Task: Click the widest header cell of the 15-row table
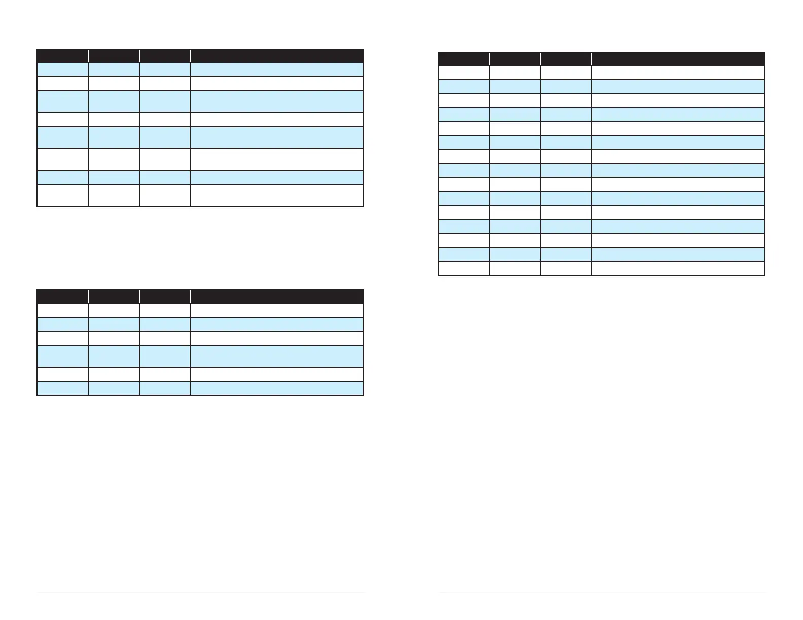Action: [678, 58]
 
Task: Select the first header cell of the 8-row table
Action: [62, 56]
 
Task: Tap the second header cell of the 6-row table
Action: [114, 296]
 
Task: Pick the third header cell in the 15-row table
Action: [566, 58]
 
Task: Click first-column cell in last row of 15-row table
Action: [464, 268]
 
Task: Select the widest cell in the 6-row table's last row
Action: [277, 389]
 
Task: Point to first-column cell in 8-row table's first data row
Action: [62, 69]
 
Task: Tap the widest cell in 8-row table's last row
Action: [277, 196]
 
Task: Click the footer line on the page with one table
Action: [602, 593]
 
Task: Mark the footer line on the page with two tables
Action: [200, 593]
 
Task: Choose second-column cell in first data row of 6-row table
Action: [114, 310]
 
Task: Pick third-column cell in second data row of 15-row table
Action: [566, 87]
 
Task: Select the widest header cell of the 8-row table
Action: [277, 56]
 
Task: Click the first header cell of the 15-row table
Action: [464, 58]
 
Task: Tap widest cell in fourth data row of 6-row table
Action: [277, 356]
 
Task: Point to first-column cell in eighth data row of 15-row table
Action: [464, 170]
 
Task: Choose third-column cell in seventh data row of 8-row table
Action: [165, 178]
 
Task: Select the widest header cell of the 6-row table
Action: [277, 296]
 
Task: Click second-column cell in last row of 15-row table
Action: [515, 268]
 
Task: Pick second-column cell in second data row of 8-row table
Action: [114, 84]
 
